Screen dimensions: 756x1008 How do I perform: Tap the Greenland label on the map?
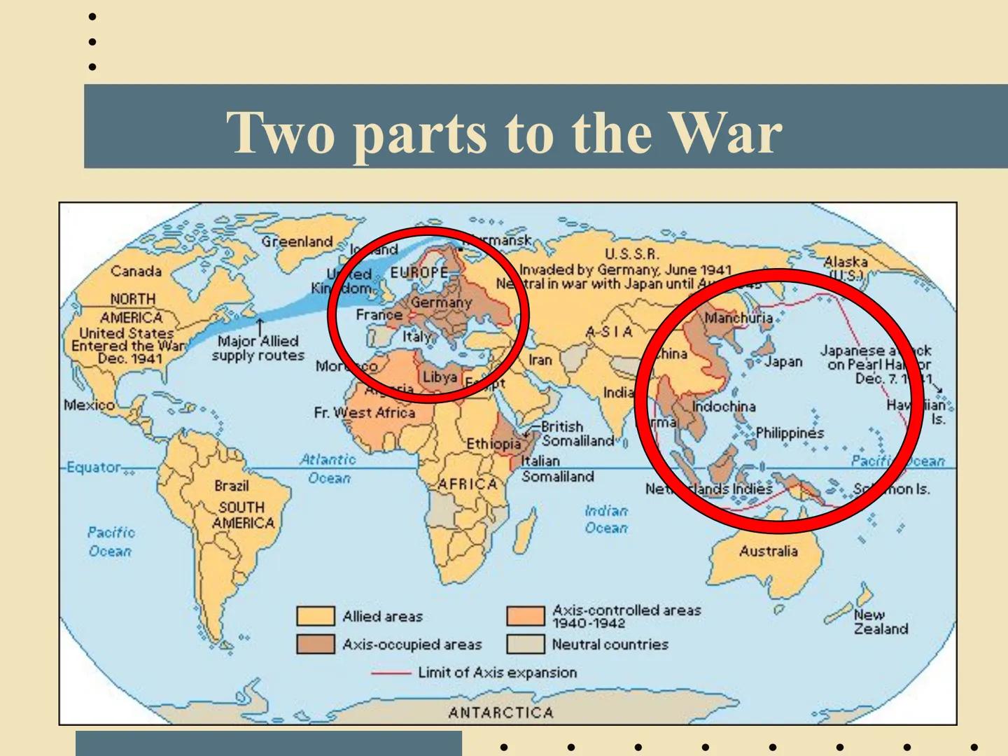(297, 241)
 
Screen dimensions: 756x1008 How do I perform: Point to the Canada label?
(136, 271)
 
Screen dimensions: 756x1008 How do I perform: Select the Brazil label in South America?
(231, 486)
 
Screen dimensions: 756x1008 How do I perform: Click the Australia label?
(768, 551)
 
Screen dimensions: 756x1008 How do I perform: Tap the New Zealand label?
(880, 622)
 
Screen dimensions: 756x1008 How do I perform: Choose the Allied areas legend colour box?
(315, 616)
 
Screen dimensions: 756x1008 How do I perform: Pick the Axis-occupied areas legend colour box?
(315, 644)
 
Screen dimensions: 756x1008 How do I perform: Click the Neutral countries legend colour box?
(525, 644)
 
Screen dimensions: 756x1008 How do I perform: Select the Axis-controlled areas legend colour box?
(525, 616)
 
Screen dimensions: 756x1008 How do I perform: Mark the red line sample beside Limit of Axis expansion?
(391, 673)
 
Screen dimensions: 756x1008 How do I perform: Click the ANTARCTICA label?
(500, 713)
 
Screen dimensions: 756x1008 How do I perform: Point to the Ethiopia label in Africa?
(493, 444)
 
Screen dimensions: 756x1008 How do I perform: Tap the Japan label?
(783, 361)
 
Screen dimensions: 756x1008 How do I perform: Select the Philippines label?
(790, 433)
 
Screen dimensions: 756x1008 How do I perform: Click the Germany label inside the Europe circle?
(441, 302)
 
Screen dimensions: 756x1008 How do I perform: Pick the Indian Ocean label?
(606, 519)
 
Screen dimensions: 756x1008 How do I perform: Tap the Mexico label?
(89, 405)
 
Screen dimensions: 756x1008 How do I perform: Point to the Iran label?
(540, 360)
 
